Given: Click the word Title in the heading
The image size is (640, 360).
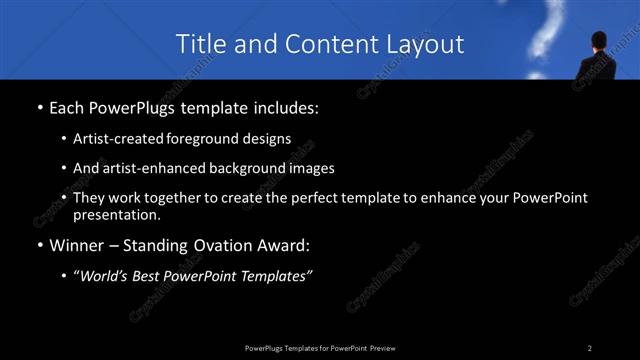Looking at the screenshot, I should pyautogui.click(x=200, y=44).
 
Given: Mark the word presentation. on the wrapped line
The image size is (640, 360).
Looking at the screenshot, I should pyautogui.click(x=117, y=215).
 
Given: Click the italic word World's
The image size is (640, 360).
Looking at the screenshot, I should pyautogui.click(x=108, y=276).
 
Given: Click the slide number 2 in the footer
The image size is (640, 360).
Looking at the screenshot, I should pyautogui.click(x=590, y=347).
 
